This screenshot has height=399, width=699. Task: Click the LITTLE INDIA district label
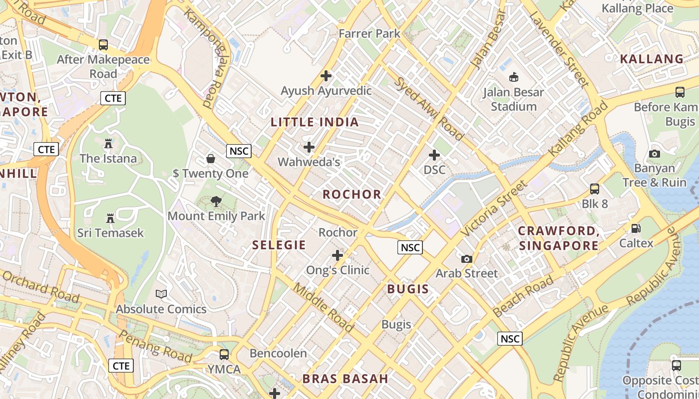pyautogui.click(x=315, y=122)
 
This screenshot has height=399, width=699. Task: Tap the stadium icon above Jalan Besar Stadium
pyautogui.click(x=513, y=77)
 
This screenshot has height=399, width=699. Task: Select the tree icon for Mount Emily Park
pyautogui.click(x=216, y=201)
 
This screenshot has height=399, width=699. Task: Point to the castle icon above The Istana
pyautogui.click(x=108, y=144)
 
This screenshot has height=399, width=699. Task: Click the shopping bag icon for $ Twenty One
pyautogui.click(x=211, y=159)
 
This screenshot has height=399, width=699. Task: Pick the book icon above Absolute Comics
pyautogui.click(x=161, y=294)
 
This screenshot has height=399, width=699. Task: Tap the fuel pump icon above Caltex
pyautogui.click(x=636, y=228)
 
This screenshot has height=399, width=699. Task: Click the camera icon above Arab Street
pyautogui.click(x=466, y=259)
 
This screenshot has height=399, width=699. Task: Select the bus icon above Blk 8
pyautogui.click(x=594, y=189)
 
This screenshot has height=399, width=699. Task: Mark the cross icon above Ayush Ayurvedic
pyautogui.click(x=326, y=76)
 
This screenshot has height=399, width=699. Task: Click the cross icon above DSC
pyautogui.click(x=434, y=155)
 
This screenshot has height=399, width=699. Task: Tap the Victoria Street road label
pyautogui.click(x=494, y=209)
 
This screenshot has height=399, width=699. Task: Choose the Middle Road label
pyautogui.click(x=324, y=308)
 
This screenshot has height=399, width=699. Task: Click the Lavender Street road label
pyautogui.click(x=559, y=48)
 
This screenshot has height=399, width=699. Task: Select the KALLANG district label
pyautogui.click(x=652, y=59)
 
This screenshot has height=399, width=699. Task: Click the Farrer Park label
pyautogui.click(x=369, y=34)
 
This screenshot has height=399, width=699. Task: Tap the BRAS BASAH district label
pyautogui.click(x=345, y=379)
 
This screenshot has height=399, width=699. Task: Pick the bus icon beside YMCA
pyautogui.click(x=224, y=355)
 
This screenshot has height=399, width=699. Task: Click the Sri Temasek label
pyautogui.click(x=110, y=233)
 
